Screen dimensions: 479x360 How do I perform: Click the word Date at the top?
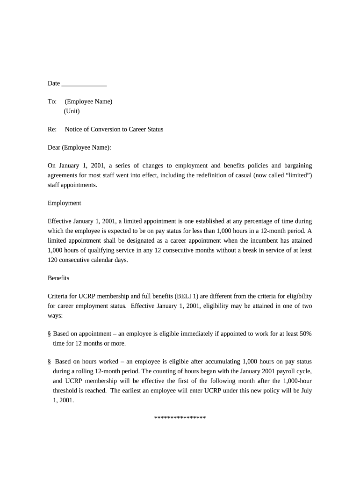pos(54,83)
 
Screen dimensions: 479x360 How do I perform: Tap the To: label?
pos(52,102)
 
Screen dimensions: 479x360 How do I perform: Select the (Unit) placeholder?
pos(72,111)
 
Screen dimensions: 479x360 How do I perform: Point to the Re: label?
pos(52,129)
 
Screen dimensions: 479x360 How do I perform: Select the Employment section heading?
pos(65,203)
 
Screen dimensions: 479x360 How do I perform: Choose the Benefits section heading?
pos(58,278)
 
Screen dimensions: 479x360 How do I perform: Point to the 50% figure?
pos(303,334)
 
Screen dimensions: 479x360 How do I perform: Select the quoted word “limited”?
pos(296,175)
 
